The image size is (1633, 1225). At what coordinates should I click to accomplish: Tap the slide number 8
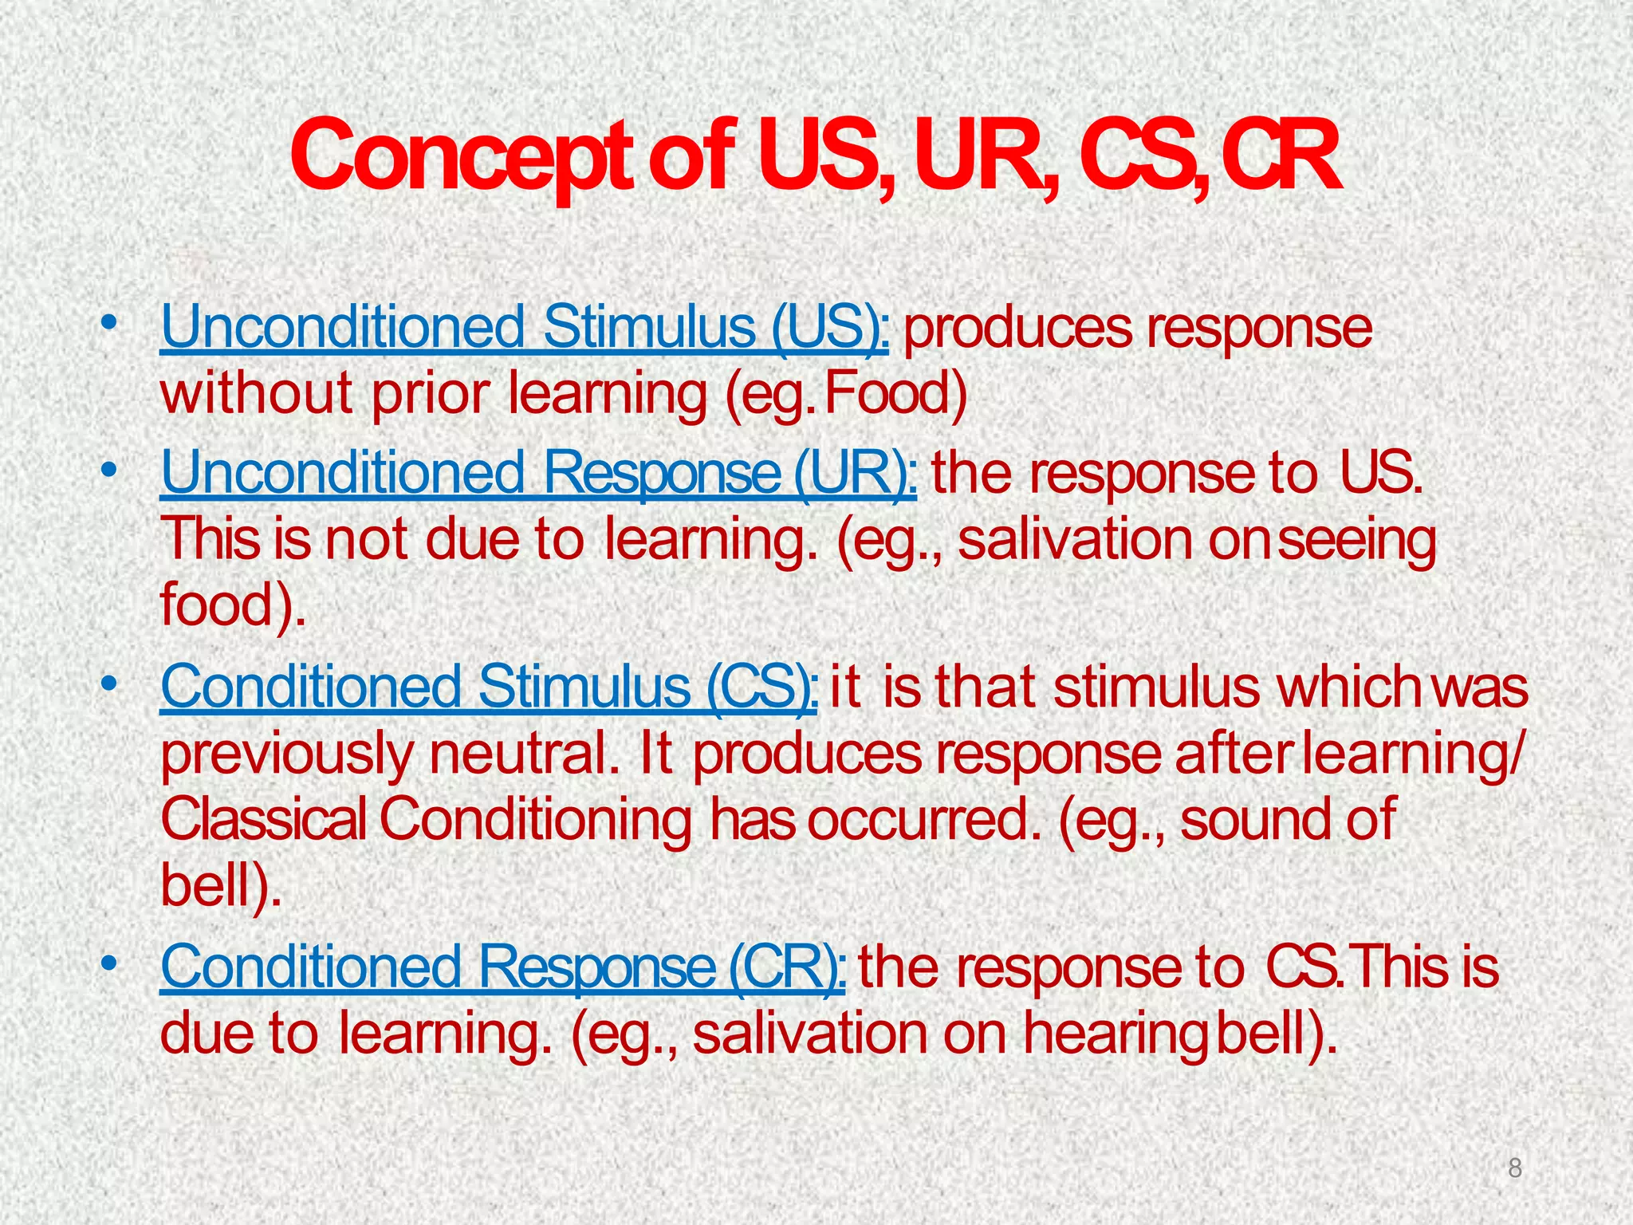point(1515,1168)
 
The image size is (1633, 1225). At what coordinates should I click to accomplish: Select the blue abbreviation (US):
point(829,328)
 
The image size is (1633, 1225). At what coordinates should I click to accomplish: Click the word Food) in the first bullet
point(895,393)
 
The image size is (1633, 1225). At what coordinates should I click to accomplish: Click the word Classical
point(263,820)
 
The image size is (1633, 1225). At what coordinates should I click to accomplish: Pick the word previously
point(285,754)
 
